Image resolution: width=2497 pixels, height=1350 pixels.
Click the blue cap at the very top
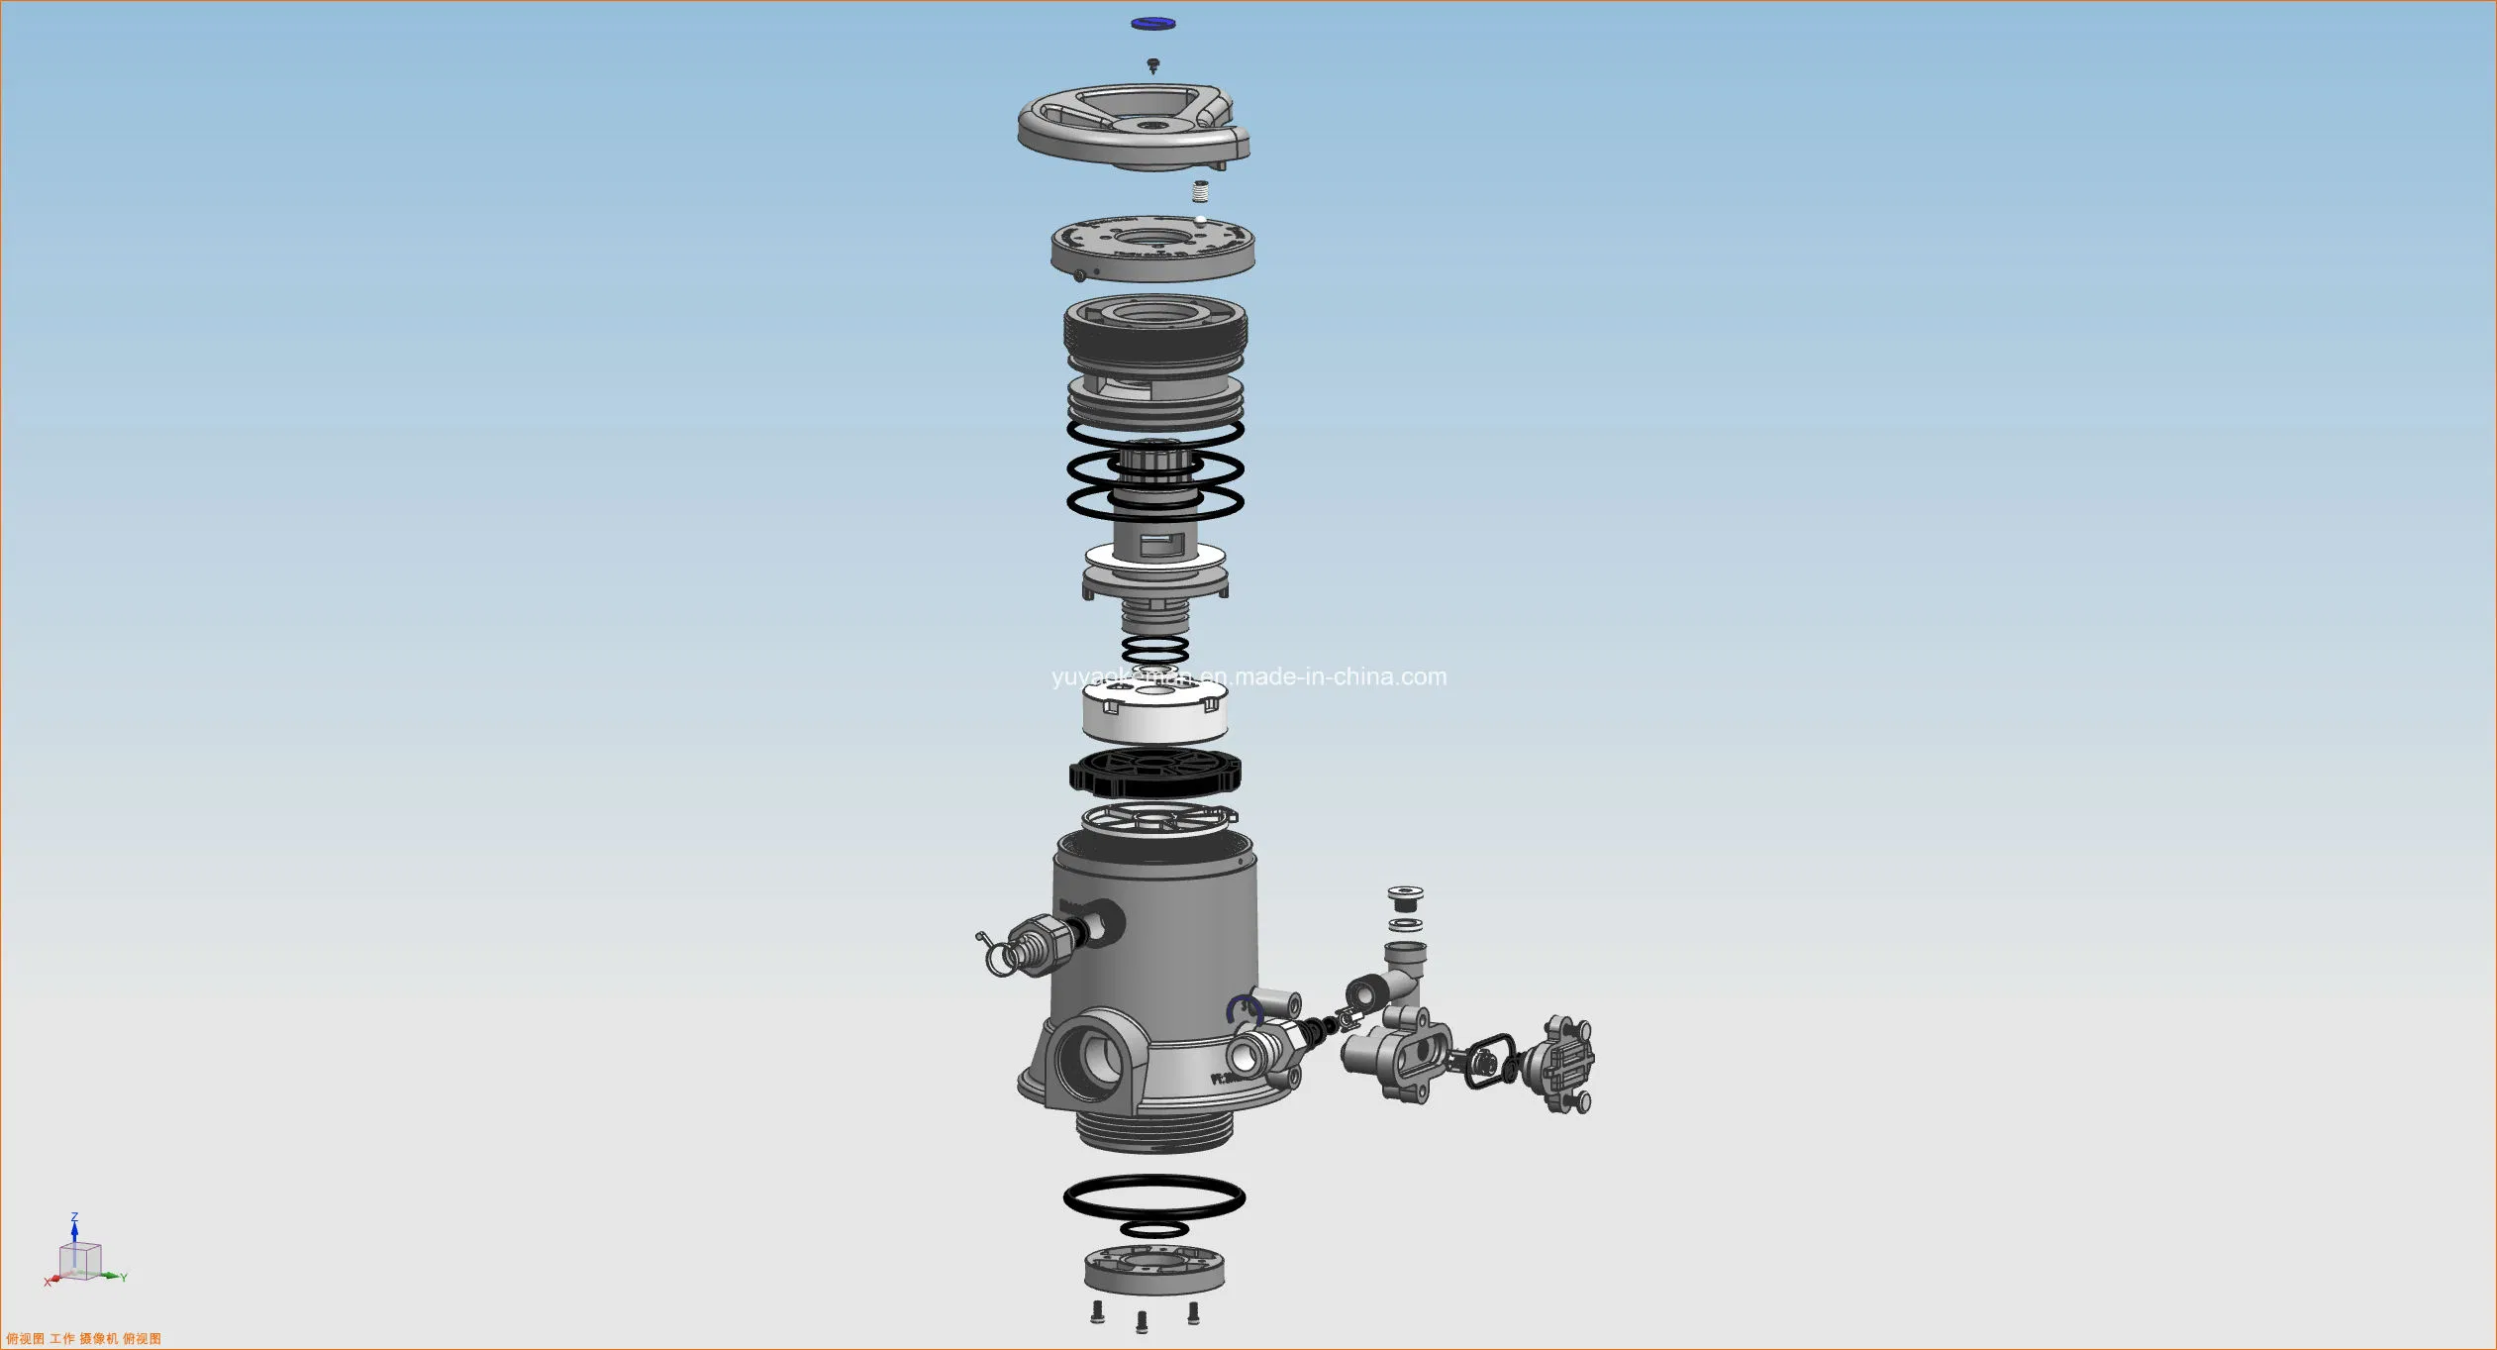(x=1152, y=23)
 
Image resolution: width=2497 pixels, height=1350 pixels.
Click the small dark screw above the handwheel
(x=1152, y=65)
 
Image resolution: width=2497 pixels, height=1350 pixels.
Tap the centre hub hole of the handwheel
(x=1151, y=125)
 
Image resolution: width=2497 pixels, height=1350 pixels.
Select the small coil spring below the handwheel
(x=1200, y=190)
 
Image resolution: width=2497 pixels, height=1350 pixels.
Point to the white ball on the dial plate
(x=1200, y=220)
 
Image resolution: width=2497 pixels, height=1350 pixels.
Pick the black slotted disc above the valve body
(x=1154, y=773)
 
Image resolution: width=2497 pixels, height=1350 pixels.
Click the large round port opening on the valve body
(x=1091, y=1058)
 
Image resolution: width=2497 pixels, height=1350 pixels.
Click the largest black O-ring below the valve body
(x=1154, y=1197)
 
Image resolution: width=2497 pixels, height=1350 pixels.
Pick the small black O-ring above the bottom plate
(x=1154, y=1229)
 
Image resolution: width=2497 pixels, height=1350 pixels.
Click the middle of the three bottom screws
(x=1142, y=1320)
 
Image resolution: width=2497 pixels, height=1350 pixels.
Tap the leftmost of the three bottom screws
(x=1097, y=1312)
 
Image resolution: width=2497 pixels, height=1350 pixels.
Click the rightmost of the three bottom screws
(x=1193, y=1313)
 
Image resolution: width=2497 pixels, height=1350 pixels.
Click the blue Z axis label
(x=74, y=1217)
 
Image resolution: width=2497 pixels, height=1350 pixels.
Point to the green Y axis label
(x=124, y=1278)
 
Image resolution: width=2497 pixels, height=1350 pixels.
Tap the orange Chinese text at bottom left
(x=84, y=1338)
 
